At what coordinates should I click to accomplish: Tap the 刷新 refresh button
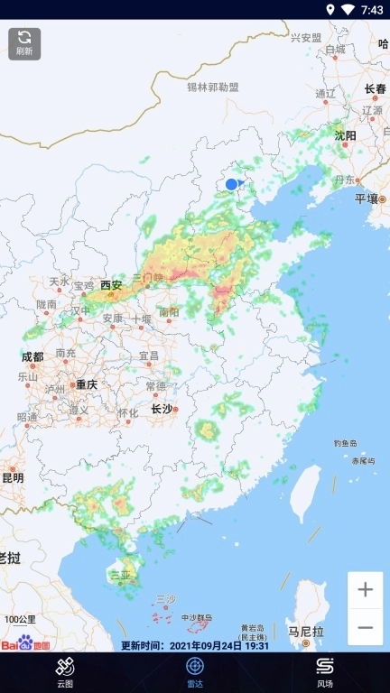tap(24, 43)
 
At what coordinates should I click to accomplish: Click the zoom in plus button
tap(365, 590)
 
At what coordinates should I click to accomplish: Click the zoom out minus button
tap(365, 627)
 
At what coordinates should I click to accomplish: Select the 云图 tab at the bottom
tap(65, 672)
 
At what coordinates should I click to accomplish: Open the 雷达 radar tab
tap(195, 672)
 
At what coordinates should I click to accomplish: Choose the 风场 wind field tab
tap(325, 672)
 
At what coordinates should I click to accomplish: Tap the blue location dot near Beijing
tap(231, 184)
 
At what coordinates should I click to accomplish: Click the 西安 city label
tap(110, 284)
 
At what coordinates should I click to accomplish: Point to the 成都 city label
tap(32, 356)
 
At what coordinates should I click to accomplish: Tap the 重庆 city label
tap(86, 383)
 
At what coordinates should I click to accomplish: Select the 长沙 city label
tap(162, 409)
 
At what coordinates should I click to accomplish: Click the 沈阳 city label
tap(345, 135)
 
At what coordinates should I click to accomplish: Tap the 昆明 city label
tap(13, 477)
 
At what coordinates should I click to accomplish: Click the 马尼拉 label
tap(305, 631)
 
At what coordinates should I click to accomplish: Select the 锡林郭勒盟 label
tap(213, 88)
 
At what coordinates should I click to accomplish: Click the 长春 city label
tap(375, 88)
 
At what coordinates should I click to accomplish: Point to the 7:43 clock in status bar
tap(372, 10)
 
